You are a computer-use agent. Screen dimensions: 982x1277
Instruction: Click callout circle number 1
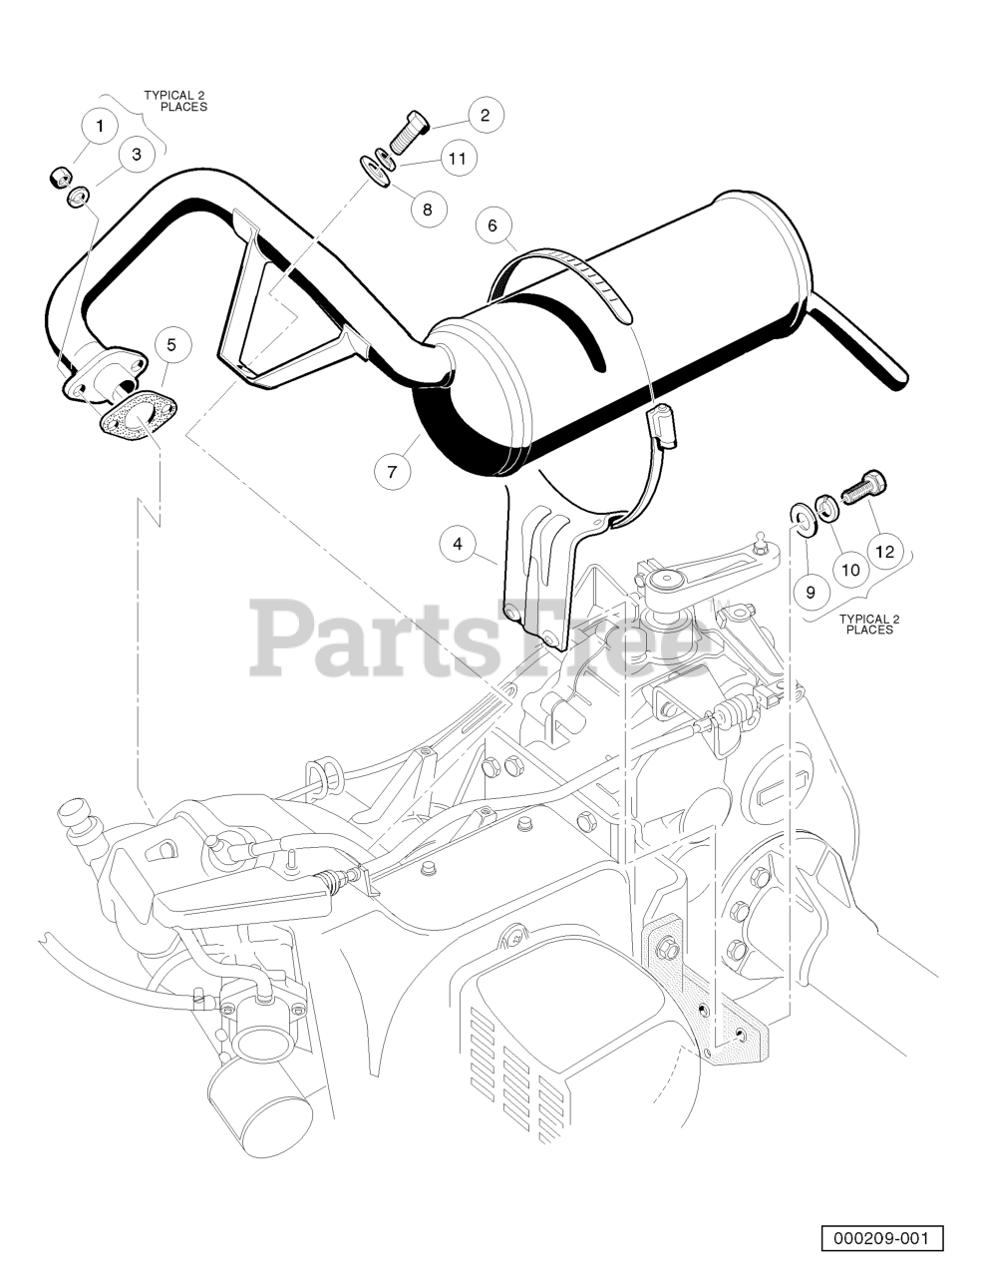click(100, 126)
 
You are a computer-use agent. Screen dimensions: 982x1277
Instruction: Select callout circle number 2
click(486, 115)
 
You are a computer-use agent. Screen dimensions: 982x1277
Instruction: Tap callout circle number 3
click(137, 154)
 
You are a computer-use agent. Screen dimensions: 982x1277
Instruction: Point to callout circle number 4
click(458, 544)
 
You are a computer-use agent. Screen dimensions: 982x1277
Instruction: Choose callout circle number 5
click(171, 345)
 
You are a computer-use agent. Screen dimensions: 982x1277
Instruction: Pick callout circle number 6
click(492, 225)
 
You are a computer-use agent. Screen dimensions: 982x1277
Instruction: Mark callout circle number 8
click(428, 209)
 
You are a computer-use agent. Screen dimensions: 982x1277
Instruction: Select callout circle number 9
click(811, 592)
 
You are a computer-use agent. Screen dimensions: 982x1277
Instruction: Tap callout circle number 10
click(849, 570)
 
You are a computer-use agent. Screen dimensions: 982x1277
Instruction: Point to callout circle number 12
click(885, 550)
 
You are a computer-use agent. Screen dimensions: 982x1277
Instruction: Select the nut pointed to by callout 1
click(60, 179)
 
